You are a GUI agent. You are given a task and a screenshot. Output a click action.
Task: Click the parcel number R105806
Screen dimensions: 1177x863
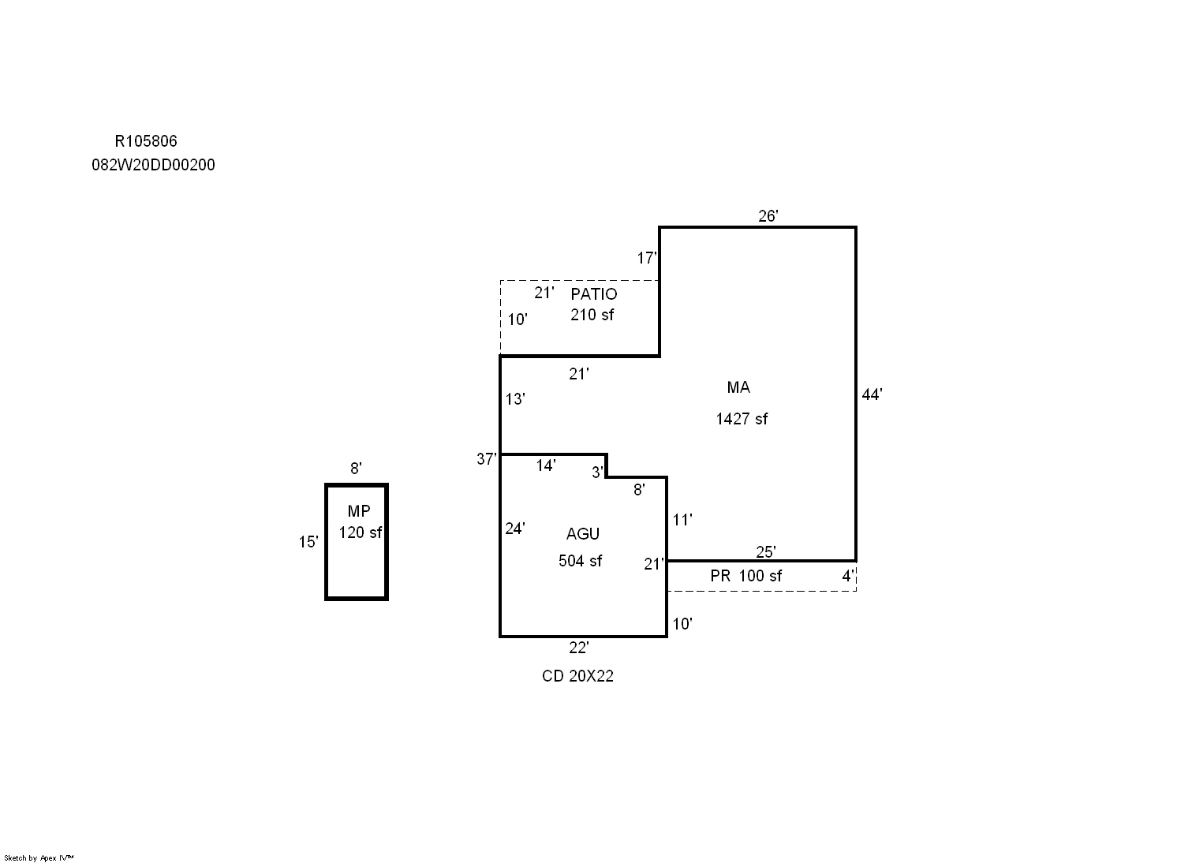pos(146,141)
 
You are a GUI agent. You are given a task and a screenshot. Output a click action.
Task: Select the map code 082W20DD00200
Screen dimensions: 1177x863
pos(153,165)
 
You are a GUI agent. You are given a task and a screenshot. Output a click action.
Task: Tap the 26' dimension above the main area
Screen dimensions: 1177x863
pos(768,215)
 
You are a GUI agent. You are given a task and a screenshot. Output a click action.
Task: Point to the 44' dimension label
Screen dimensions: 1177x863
pos(872,394)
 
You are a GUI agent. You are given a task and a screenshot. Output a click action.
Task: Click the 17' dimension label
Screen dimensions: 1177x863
pos(647,257)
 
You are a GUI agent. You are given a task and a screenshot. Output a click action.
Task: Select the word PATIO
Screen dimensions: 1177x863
pos(594,293)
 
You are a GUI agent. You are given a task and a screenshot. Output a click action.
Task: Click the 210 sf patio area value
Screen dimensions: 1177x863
pos(592,314)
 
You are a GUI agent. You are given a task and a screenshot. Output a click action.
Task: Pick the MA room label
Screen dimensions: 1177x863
pos(738,387)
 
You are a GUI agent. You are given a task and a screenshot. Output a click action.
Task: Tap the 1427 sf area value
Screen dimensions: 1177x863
pos(742,419)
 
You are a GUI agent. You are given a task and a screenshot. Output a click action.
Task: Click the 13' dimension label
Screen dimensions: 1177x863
pos(515,399)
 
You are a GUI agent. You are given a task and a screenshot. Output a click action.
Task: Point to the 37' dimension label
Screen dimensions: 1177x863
pos(487,459)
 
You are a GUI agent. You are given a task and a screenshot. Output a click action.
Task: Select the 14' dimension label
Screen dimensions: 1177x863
pos(545,465)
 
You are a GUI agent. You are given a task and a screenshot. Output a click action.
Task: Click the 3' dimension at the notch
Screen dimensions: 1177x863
pos(597,473)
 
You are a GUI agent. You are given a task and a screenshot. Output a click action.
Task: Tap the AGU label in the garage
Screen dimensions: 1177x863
pos(583,534)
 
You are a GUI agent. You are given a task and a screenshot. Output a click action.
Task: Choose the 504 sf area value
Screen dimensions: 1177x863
pos(580,561)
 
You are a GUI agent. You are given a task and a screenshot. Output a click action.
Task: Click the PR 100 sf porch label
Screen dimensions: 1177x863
pos(745,576)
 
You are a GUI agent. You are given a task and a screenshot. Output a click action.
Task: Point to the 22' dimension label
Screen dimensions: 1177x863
pos(578,648)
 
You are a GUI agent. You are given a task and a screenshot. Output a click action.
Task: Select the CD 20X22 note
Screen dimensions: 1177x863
pos(577,676)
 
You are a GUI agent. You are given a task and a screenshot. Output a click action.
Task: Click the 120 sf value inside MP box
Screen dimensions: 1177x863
pos(360,532)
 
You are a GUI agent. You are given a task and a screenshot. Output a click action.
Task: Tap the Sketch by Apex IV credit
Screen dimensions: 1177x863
pos(39,858)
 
